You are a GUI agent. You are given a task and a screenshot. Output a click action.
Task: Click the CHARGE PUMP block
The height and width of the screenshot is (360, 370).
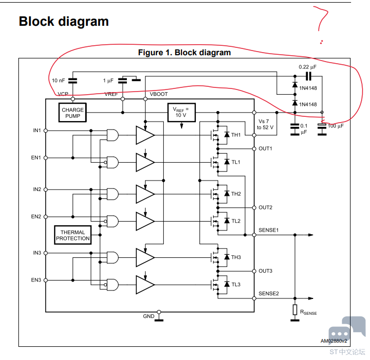pos(73,113)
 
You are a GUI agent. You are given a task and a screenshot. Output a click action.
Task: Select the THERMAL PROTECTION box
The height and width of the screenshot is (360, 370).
pos(73,235)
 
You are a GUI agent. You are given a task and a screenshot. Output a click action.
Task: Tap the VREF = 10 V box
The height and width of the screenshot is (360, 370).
pos(182,113)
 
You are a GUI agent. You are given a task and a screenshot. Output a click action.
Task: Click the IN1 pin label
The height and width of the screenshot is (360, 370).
pos(37,131)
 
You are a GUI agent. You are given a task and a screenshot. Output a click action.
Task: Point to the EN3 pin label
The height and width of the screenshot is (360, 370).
pos(36,280)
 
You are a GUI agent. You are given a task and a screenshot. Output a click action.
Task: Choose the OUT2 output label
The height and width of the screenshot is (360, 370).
pos(265,207)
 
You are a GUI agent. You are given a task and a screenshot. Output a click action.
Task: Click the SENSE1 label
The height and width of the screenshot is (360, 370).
pos(268,230)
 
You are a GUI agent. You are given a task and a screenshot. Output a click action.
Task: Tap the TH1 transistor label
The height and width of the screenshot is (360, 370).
pos(236,135)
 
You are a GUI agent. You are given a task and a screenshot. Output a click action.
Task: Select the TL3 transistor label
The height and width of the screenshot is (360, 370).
pos(236,285)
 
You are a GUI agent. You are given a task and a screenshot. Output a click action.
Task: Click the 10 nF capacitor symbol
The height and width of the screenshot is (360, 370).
pos(73,81)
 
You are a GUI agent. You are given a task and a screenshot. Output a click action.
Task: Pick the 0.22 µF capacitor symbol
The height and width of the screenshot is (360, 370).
pos(308,76)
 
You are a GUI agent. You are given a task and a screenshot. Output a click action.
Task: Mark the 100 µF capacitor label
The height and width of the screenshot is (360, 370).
pos(336,126)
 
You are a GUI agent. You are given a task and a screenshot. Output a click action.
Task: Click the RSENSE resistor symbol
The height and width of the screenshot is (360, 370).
pos(295,309)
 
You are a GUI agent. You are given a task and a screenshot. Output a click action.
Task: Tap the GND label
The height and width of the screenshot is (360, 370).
pos(148,316)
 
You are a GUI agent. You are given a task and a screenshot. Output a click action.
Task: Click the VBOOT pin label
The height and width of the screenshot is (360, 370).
pos(158,94)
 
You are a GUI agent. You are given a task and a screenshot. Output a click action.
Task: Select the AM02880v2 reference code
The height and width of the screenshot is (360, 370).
pos(334,341)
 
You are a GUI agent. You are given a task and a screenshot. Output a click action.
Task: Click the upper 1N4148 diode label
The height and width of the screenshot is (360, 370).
pos(308,88)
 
